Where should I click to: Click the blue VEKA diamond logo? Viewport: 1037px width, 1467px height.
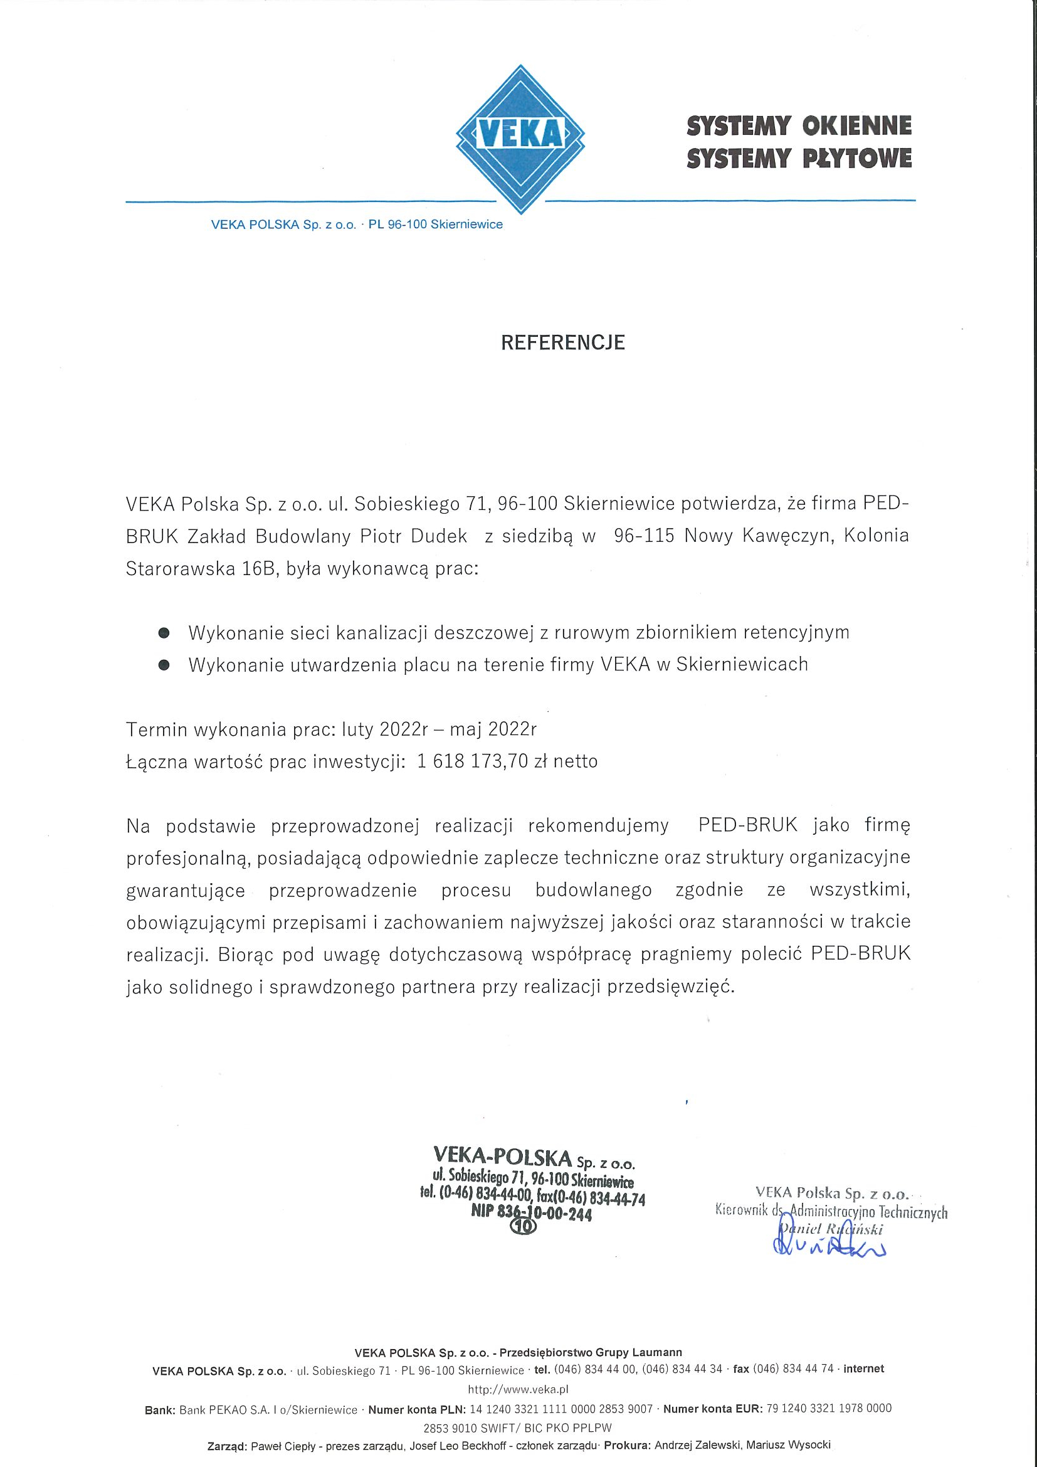[x=520, y=139]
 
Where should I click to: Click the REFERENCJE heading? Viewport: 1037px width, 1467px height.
[x=562, y=343]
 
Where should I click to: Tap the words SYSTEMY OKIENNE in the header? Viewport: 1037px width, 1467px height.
[x=798, y=126]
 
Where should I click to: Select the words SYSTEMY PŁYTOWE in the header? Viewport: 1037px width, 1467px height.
[x=798, y=158]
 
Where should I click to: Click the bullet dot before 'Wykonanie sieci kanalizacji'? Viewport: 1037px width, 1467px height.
[x=164, y=633]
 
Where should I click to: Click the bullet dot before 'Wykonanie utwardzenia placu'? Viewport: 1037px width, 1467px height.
[x=164, y=665]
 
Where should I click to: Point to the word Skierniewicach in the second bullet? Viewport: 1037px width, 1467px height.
[x=741, y=665]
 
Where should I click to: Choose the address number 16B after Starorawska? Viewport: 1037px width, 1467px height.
[x=258, y=569]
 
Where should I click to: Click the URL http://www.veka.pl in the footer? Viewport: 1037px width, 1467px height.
[x=518, y=1389]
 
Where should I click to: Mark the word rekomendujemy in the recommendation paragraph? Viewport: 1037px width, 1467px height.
[x=598, y=826]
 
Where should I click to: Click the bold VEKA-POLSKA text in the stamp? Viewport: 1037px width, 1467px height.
[x=502, y=1156]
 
